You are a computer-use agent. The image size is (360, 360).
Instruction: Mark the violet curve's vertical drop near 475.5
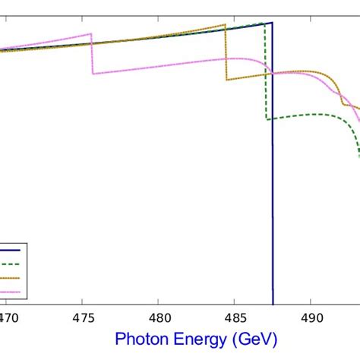[x=92, y=53]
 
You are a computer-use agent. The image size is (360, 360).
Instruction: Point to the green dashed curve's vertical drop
[x=265, y=72]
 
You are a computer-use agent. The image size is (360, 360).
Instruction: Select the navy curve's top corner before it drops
[x=271, y=23]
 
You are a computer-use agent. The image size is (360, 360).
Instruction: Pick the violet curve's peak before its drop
[x=90, y=33]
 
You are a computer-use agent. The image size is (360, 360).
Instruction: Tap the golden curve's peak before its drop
[x=225, y=26]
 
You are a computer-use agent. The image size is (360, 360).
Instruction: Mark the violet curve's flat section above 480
[x=159, y=67]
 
